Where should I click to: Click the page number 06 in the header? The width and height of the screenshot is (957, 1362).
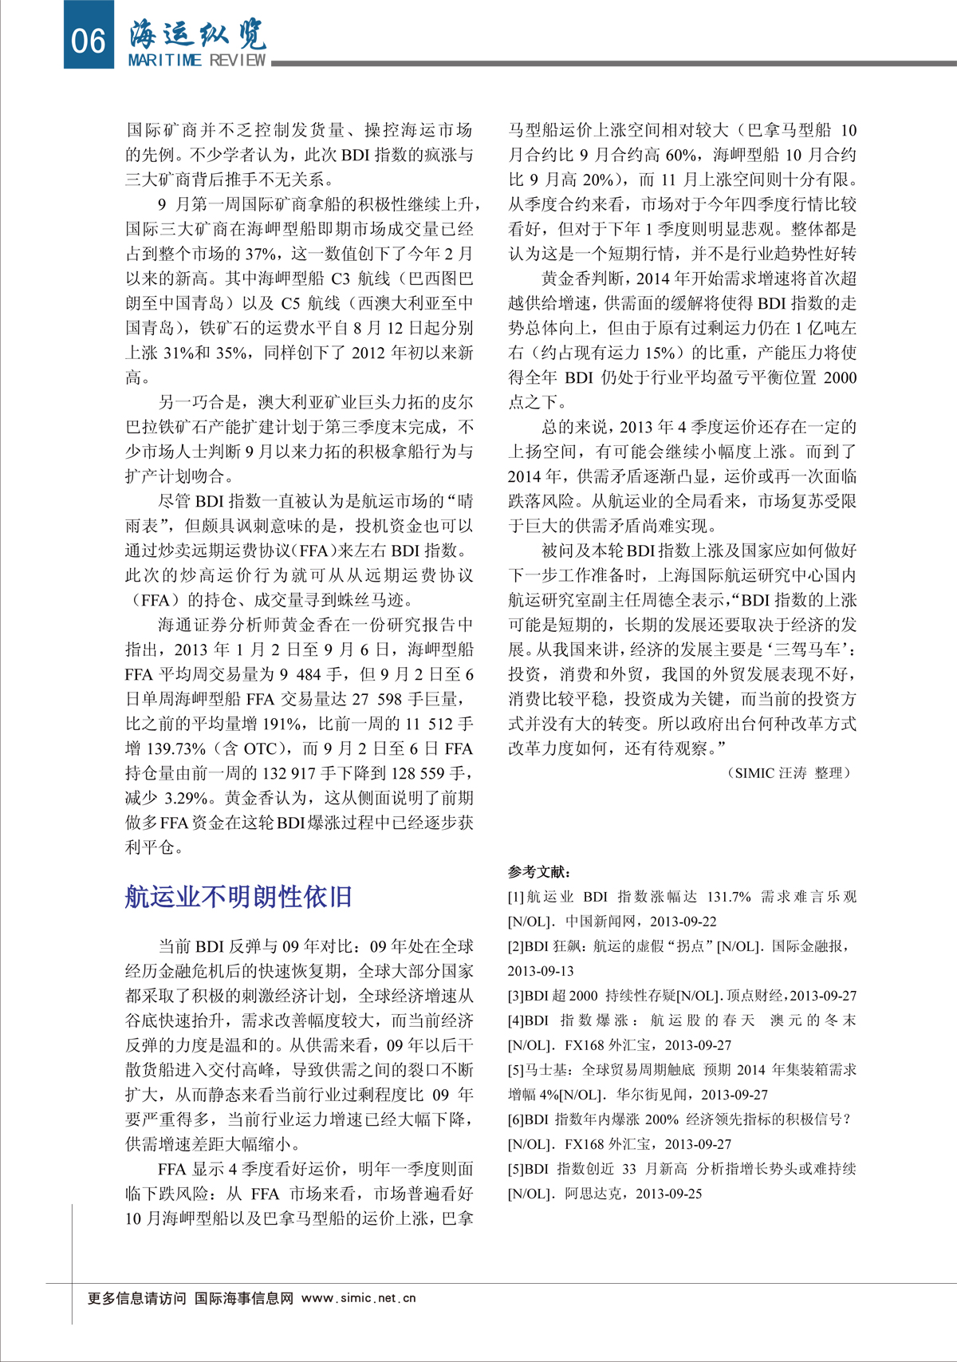click(x=89, y=39)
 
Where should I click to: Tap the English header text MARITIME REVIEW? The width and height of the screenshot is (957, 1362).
click(x=197, y=60)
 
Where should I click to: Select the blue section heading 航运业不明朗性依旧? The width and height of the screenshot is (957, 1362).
click(x=238, y=897)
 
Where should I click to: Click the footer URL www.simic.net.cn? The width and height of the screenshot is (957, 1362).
click(x=359, y=1298)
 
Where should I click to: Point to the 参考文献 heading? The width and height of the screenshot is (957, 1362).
click(x=539, y=871)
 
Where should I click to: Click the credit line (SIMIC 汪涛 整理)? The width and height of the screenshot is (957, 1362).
click(x=789, y=772)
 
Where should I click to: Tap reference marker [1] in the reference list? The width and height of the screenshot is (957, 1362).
click(x=517, y=897)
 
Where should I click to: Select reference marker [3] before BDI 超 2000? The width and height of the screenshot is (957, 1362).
click(x=517, y=996)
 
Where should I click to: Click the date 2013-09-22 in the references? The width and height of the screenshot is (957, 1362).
click(x=683, y=922)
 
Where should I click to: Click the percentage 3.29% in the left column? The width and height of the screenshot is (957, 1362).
click(x=187, y=798)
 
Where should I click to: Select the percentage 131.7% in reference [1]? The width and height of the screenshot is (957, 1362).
click(x=729, y=897)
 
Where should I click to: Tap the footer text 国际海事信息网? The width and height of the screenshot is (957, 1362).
click(x=244, y=1298)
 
